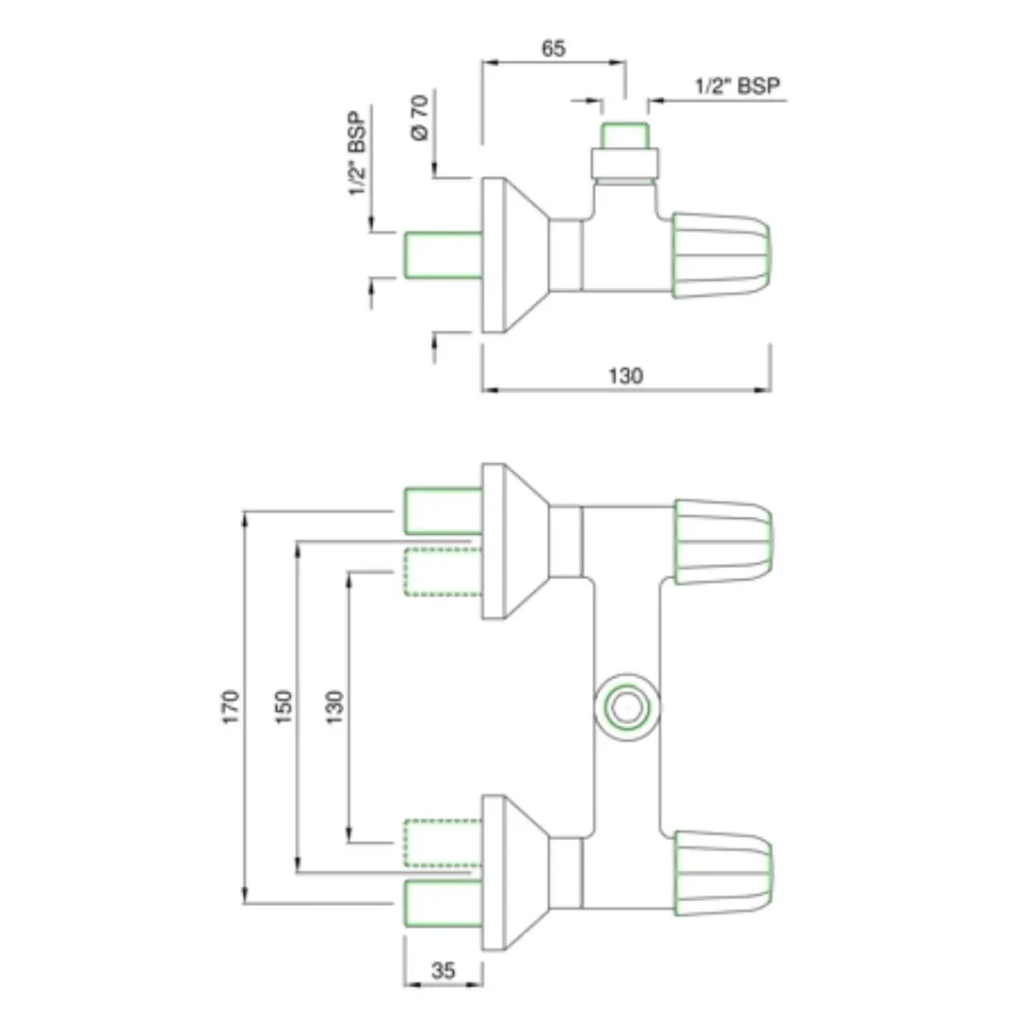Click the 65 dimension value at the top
[x=554, y=49]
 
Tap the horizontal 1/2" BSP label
[x=737, y=85]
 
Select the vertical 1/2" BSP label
[x=357, y=153]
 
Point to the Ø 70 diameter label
[x=420, y=118]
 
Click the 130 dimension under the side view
[x=626, y=376]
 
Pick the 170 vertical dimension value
[x=231, y=707]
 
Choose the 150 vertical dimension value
[x=283, y=707]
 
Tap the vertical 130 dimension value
[x=334, y=707]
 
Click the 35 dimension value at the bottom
[x=444, y=970]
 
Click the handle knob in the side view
[x=721, y=255]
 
